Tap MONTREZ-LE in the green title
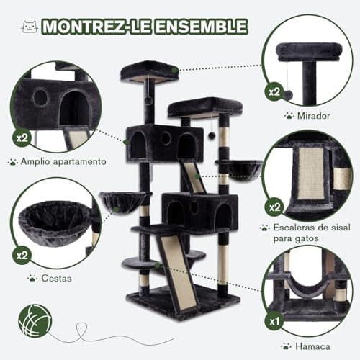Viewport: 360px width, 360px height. (96, 27)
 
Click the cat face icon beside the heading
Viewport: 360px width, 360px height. (30, 27)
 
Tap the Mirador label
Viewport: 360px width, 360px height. (313, 116)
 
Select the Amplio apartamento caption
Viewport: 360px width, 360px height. (63, 161)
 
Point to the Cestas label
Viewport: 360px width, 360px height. (56, 279)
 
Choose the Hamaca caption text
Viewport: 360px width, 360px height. (312, 346)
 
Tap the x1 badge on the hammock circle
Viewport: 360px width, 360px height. (274, 321)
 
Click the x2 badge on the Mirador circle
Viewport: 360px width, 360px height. (274, 91)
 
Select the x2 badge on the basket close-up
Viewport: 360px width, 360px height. (22, 255)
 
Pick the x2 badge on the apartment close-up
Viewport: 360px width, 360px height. (22, 138)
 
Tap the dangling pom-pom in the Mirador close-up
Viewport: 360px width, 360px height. (288, 94)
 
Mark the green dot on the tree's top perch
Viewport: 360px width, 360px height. (175, 71)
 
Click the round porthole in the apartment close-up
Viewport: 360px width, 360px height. (40, 97)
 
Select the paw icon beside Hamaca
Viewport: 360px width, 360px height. (286, 346)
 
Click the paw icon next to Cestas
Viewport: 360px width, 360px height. (32, 278)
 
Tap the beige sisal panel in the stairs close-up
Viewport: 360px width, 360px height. (310, 174)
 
